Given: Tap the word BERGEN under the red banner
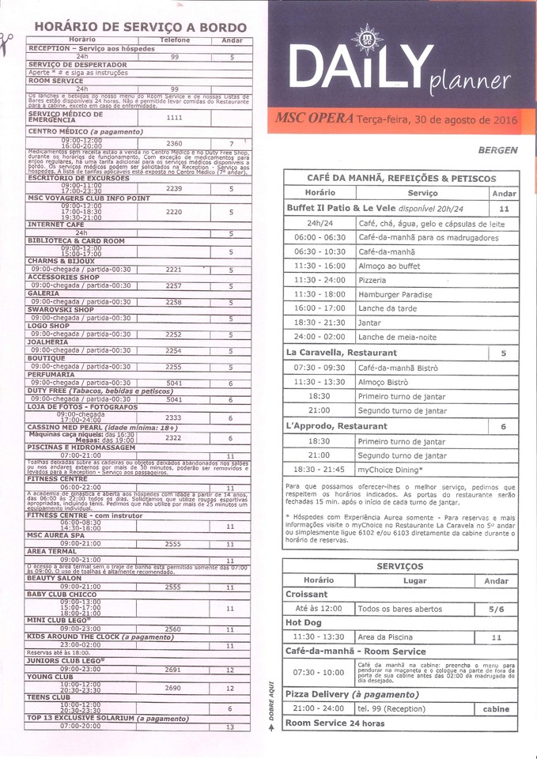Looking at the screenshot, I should pos(497,149).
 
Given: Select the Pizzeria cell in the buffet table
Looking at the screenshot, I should pos(372,280).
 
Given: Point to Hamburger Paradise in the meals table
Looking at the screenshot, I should pos(396,294).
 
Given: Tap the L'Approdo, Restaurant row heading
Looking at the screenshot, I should pos(336,426).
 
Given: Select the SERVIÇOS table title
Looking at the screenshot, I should pos(400,567).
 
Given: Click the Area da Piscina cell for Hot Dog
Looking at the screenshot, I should pos(388,636).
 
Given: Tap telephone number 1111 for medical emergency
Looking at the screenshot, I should pos(174,117).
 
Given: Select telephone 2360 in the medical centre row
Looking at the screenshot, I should pos(174,143).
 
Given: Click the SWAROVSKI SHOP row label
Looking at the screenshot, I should pos(61,310).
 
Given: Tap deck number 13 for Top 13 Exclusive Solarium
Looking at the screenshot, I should pos(230,727).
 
